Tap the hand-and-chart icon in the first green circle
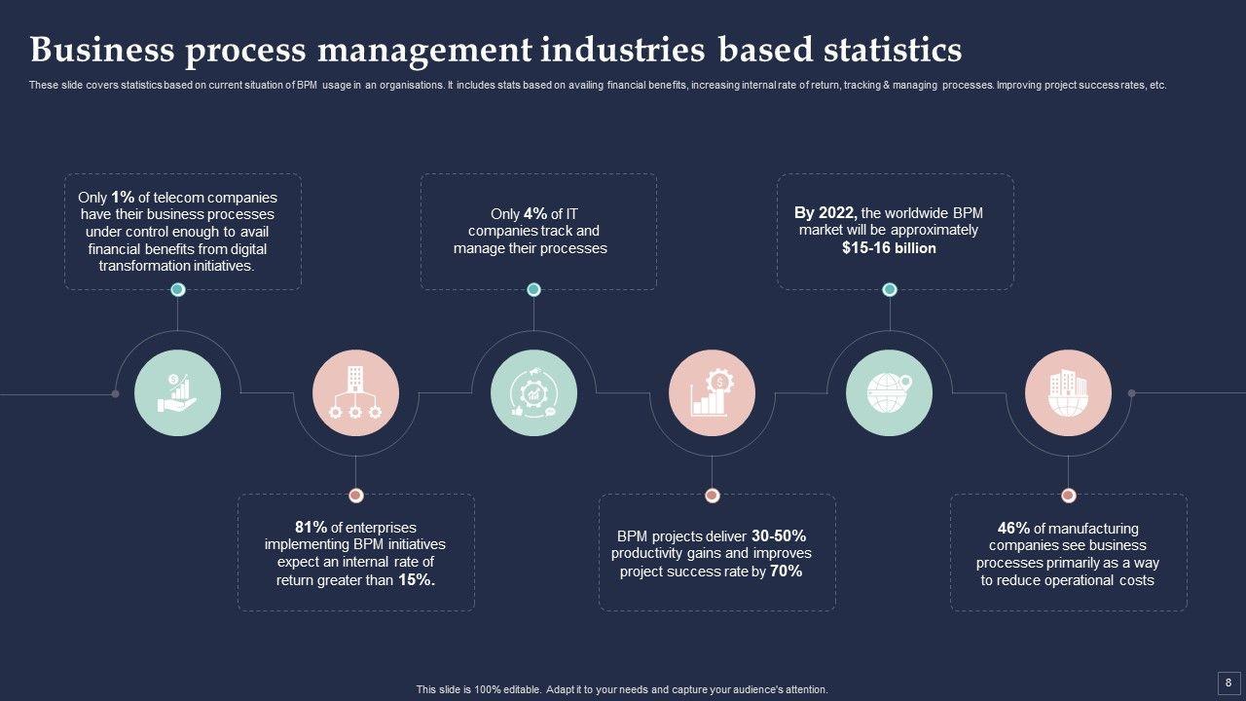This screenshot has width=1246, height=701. pyautogui.click(x=177, y=392)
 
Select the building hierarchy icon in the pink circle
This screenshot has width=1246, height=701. pyautogui.click(x=355, y=392)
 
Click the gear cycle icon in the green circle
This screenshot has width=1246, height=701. pyautogui.click(x=533, y=392)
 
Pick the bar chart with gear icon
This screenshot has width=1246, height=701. pyautogui.click(x=712, y=392)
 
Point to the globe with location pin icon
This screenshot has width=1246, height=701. pyautogui.click(x=890, y=392)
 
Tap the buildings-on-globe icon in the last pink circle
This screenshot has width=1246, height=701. pyautogui.click(x=1068, y=392)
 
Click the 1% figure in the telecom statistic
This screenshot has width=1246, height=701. pyautogui.click(x=123, y=197)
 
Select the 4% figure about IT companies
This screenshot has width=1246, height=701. pyautogui.click(x=535, y=214)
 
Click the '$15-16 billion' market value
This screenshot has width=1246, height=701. pyautogui.click(x=889, y=248)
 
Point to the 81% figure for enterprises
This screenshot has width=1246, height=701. pyautogui.click(x=311, y=527)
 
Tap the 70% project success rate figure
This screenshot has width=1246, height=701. pyautogui.click(x=786, y=572)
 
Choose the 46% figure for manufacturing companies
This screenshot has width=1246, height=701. pyautogui.click(x=1013, y=528)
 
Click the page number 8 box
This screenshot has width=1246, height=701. pyautogui.click(x=1228, y=682)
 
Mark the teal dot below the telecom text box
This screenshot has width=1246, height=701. pyautogui.click(x=177, y=289)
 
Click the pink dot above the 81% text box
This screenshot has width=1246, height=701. pyautogui.click(x=355, y=495)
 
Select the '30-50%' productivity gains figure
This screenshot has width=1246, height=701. pyautogui.click(x=779, y=535)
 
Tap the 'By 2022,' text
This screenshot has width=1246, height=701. pyautogui.click(x=825, y=212)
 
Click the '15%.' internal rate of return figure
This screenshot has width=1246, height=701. pyautogui.click(x=417, y=580)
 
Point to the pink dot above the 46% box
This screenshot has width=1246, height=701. pyautogui.click(x=1068, y=495)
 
